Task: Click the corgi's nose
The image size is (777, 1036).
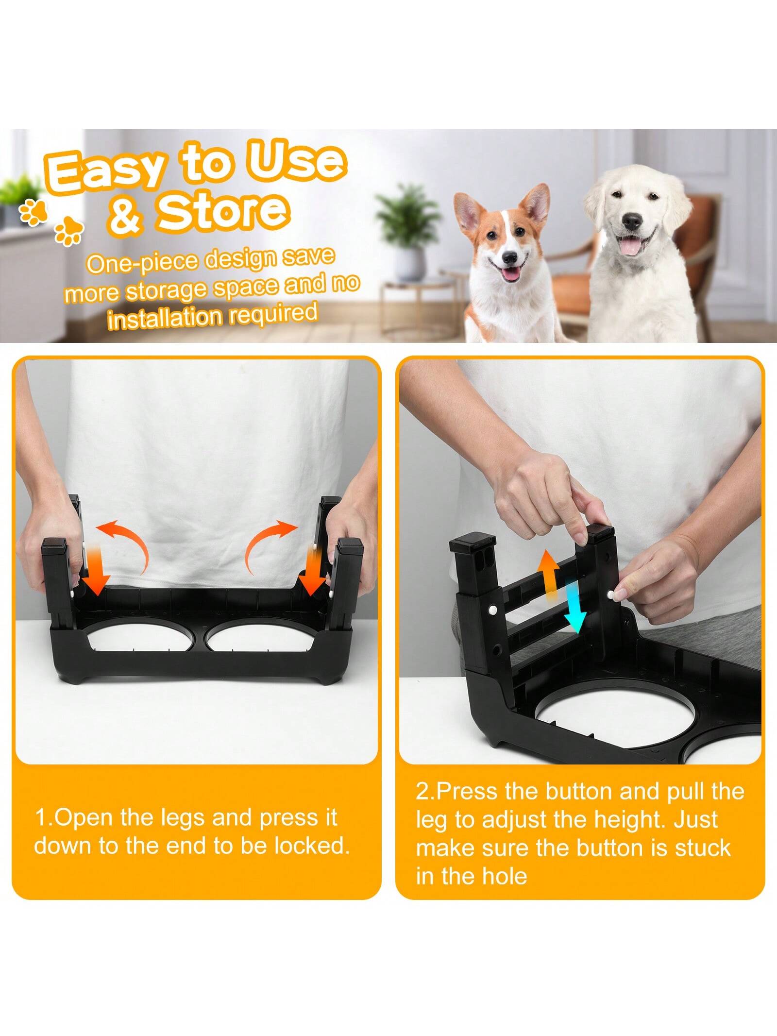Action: pyautogui.click(x=509, y=256)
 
